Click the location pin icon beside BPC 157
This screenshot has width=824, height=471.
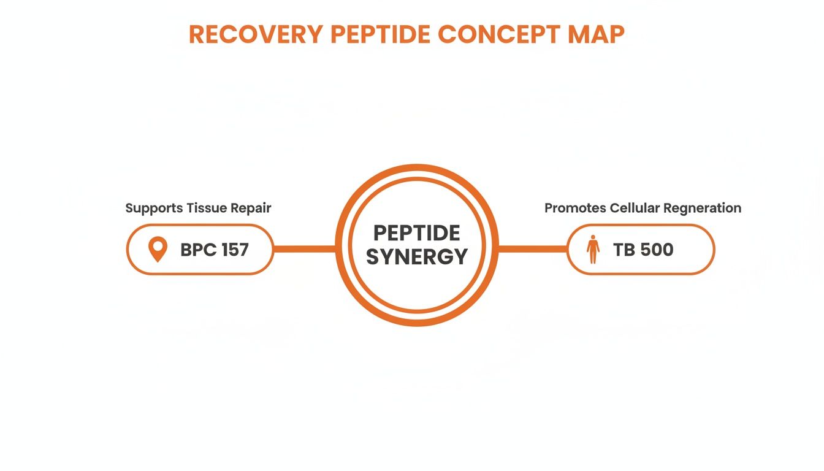point(158,250)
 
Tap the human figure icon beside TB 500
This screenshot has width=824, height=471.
point(592,249)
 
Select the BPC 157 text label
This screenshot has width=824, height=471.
point(215,250)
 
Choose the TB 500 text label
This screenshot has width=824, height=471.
point(643,250)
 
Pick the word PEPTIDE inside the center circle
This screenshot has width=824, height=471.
point(417,233)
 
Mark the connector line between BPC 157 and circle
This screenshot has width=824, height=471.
point(305,249)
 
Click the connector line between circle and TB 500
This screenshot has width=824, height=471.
point(532,249)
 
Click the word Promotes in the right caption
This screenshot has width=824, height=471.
point(575,208)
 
